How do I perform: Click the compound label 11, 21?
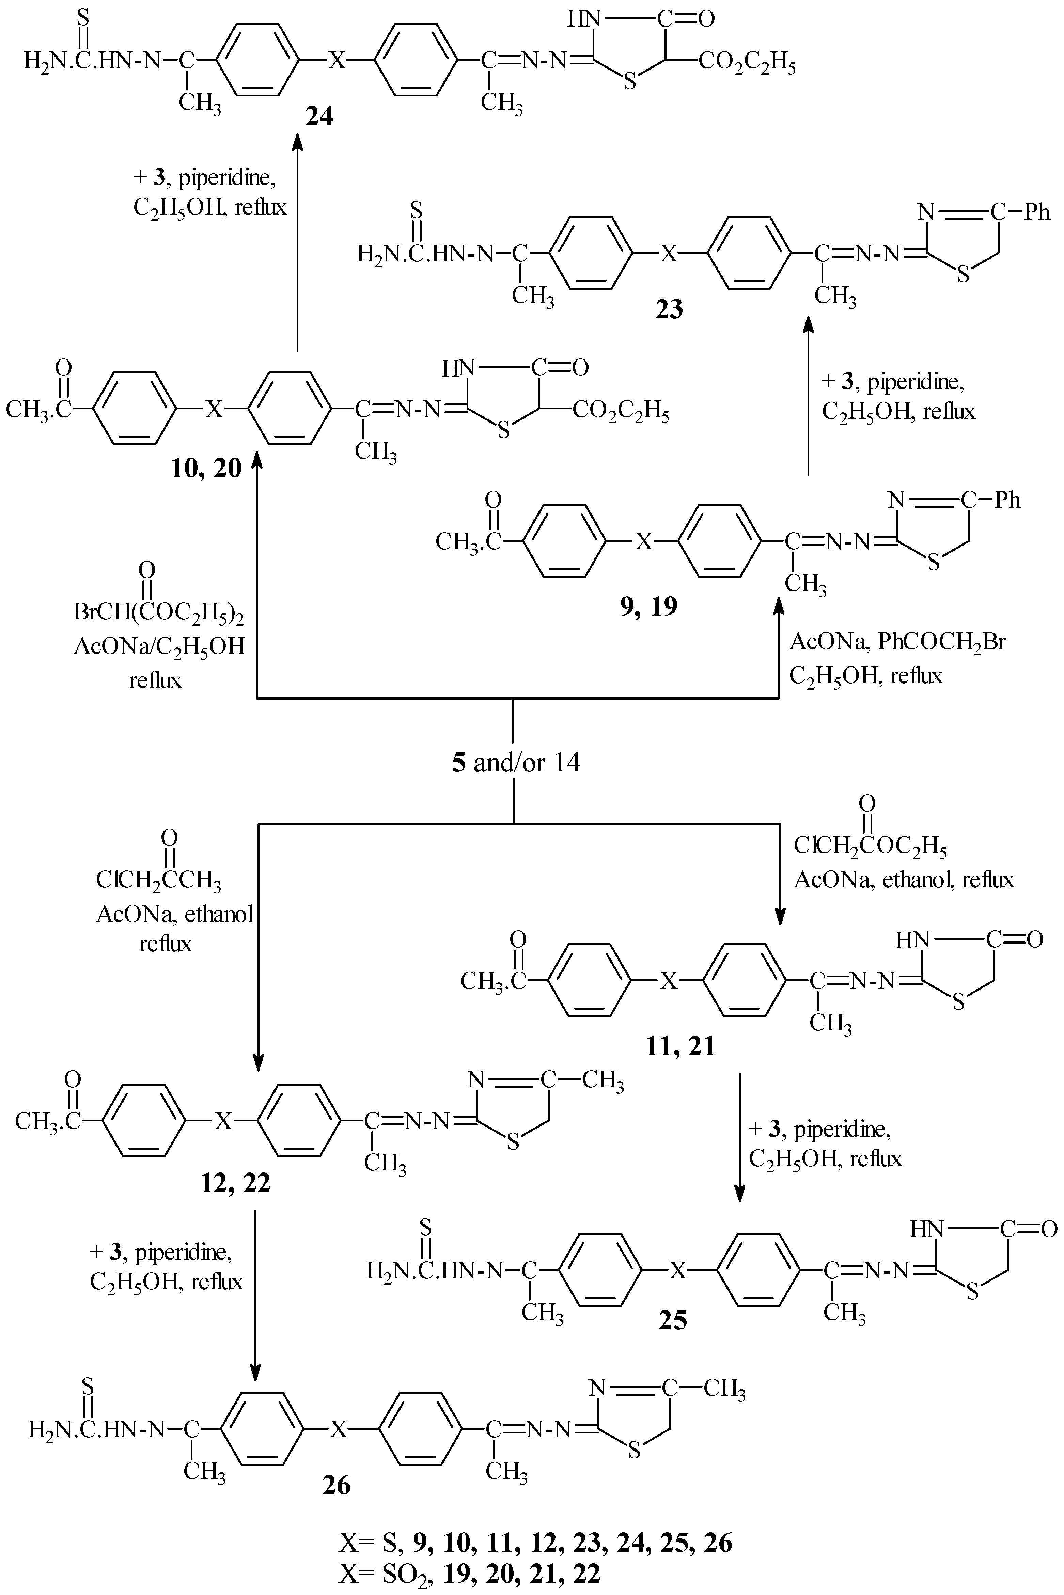coord(680,1046)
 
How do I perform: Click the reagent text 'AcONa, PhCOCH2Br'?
coord(897,641)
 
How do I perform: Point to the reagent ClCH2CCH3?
coord(158,880)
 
